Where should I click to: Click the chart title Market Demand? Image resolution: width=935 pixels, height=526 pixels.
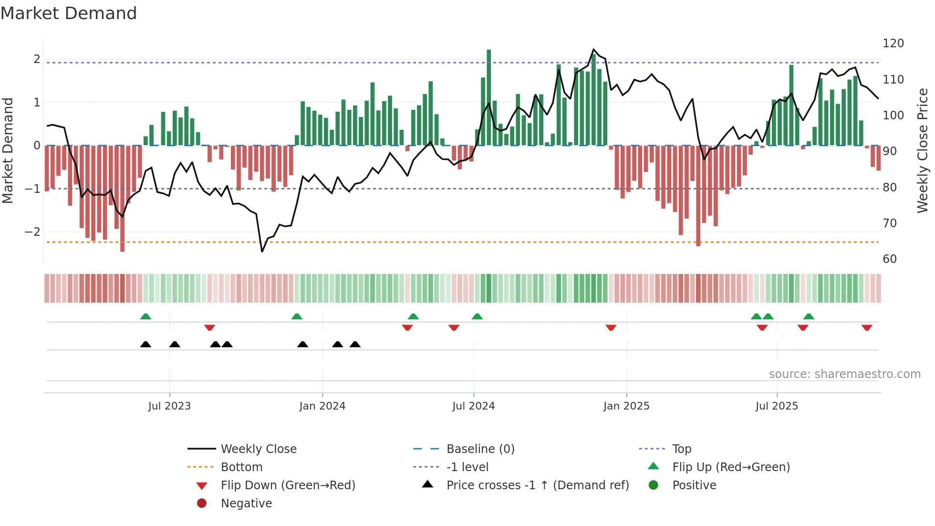click(69, 13)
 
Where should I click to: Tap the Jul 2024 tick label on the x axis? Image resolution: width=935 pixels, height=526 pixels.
click(473, 406)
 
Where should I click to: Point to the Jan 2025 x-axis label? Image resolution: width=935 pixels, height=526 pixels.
click(626, 406)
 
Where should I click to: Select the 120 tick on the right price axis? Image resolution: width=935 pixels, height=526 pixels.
click(893, 43)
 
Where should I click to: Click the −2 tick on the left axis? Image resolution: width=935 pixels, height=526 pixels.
click(33, 232)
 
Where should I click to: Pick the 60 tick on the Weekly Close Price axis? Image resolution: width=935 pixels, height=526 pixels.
click(890, 259)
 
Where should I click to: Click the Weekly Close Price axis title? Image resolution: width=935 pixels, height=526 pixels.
click(923, 150)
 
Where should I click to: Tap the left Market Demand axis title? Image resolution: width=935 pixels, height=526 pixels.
click(8, 150)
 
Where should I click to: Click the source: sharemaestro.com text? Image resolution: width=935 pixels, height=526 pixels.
click(844, 374)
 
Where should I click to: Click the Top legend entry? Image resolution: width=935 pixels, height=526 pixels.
click(682, 449)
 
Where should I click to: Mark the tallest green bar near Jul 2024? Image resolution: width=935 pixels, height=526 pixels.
click(488, 95)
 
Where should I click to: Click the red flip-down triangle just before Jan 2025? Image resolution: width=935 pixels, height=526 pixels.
click(611, 327)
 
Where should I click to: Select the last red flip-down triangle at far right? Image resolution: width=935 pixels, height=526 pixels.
click(867, 327)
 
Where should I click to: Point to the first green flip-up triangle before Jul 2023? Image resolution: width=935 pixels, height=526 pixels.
click(145, 316)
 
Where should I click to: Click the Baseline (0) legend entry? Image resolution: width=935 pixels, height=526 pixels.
click(480, 449)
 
